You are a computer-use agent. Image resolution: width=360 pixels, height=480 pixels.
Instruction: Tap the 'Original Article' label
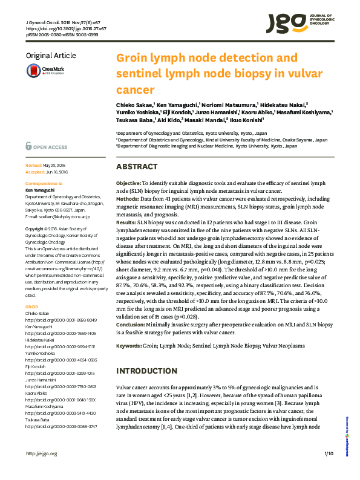pyautogui.click(x=51, y=56)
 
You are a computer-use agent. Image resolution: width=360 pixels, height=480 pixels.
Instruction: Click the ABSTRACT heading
pyautogui.click(x=137, y=166)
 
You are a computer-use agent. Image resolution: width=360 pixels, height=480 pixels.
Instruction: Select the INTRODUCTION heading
pyautogui.click(x=146, y=371)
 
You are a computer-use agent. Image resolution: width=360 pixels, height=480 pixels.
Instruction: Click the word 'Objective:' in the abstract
pyautogui.click(x=129, y=182)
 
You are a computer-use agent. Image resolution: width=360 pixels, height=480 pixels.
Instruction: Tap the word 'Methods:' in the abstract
pyautogui.click(x=128, y=198)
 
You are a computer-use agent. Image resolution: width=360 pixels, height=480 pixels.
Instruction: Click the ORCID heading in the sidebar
pyautogui.click(x=31, y=306)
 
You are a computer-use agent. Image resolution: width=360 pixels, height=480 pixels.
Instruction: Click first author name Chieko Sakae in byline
pyautogui.click(x=134, y=104)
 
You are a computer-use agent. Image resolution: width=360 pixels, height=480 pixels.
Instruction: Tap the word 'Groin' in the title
pyautogui.click(x=134, y=58)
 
